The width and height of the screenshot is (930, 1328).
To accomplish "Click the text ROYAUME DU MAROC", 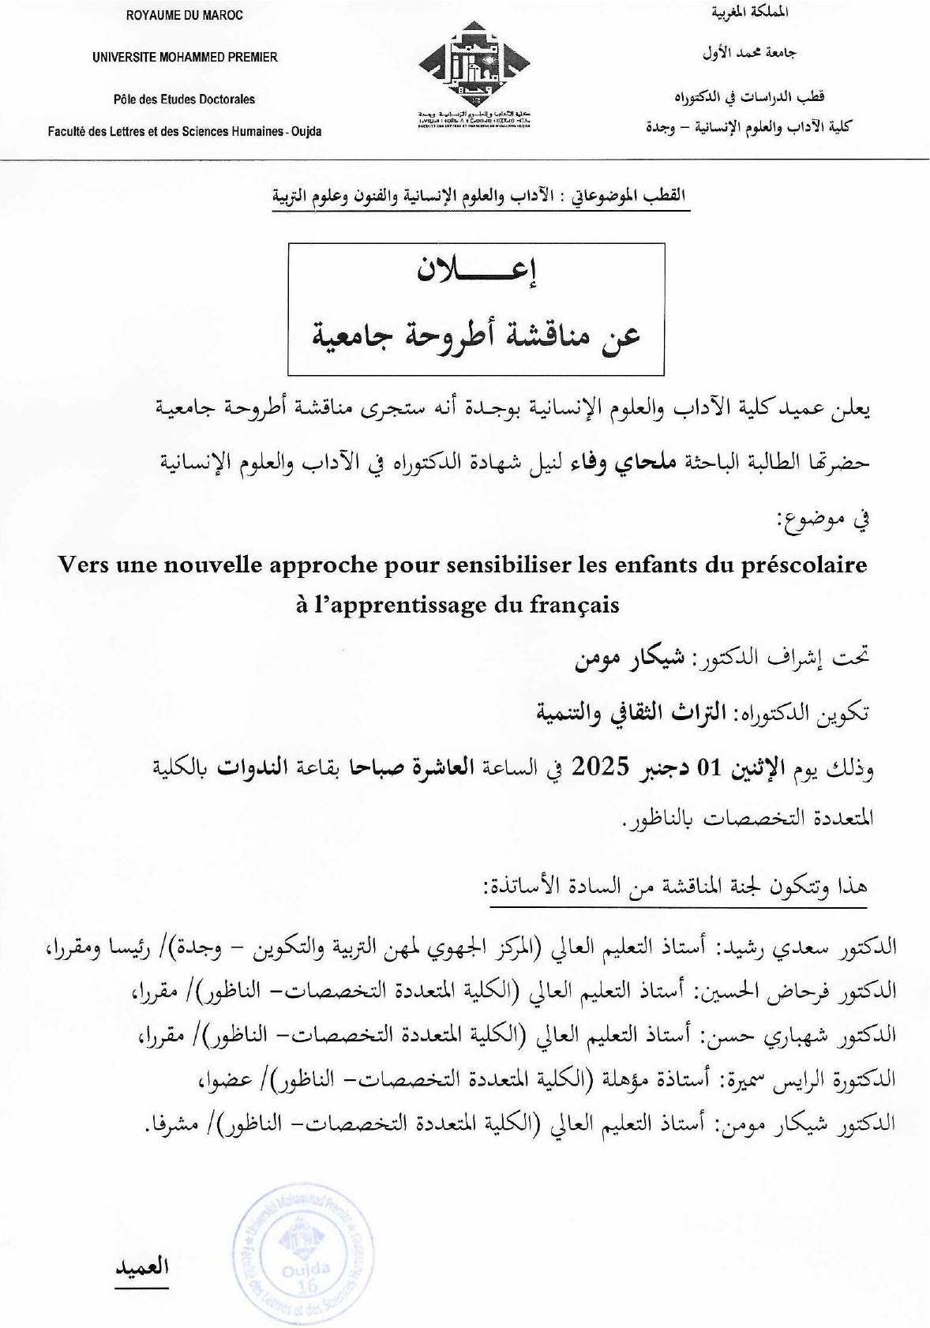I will point(185,15).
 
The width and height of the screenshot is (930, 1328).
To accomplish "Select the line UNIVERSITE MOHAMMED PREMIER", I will point(185,57).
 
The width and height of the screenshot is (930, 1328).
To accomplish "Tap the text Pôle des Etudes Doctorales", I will point(185,99).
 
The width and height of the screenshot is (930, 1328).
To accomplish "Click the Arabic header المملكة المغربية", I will point(750,13).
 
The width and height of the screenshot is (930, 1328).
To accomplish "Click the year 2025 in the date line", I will point(599,766).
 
